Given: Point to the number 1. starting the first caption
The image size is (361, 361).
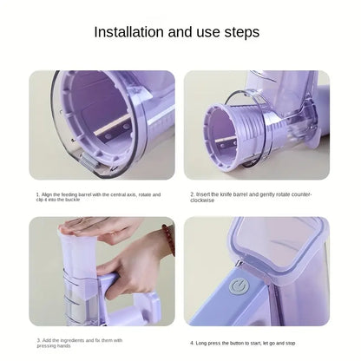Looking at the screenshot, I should [37, 195].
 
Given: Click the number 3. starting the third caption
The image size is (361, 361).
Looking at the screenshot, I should [37, 341].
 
